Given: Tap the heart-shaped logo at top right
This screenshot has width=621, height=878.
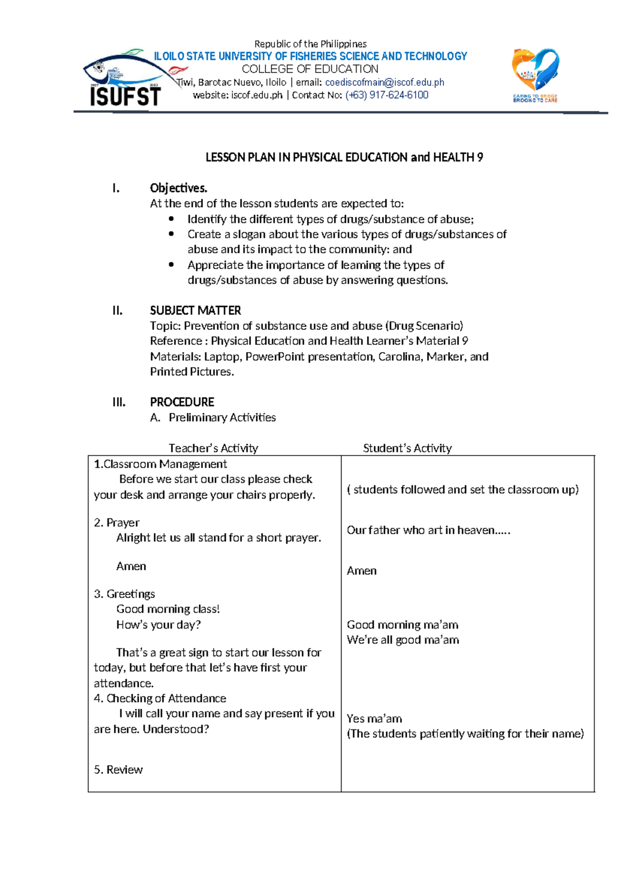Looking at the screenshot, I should coord(536,75).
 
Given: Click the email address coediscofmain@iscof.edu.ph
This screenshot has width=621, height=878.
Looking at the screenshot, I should coord(385,82).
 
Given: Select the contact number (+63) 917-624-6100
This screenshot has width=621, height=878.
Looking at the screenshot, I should coord(387,95).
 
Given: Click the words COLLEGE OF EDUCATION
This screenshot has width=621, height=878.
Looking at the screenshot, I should coord(310,69).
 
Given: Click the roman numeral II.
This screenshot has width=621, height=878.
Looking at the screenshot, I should coord(117,311).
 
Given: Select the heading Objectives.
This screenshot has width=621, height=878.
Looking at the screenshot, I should coord(179,188).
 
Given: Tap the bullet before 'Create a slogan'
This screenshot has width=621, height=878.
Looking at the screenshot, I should coord(172,235).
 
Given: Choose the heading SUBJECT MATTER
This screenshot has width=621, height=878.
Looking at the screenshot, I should coord(195,311).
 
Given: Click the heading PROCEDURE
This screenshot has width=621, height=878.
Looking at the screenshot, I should coord(182,402).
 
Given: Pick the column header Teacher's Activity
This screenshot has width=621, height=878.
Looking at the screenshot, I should coord(213,448).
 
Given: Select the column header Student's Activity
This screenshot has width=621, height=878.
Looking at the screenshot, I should coord(407,448).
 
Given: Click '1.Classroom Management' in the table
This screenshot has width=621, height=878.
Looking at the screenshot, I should coord(160,464).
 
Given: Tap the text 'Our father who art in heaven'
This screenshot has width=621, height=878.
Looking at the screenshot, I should coord(428,530).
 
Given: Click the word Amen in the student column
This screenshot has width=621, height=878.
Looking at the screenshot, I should coord(361,571).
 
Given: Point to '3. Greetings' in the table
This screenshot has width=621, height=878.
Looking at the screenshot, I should coord(125,594).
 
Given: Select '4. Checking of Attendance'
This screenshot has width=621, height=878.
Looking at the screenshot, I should coord(160,698).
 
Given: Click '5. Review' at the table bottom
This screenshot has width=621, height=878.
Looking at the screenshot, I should coord(119,770).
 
